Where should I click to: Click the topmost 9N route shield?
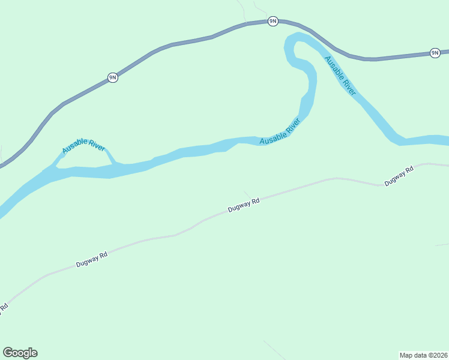click(x=273, y=22)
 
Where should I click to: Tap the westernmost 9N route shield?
click(x=112, y=77)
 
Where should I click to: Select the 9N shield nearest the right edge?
click(x=435, y=53)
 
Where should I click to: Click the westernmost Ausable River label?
click(x=83, y=146)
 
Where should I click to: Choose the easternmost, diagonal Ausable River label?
click(x=340, y=75)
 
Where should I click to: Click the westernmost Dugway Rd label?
click(x=92, y=259)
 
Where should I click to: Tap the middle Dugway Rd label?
click(x=244, y=206)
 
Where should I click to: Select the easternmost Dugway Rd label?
click(x=399, y=175)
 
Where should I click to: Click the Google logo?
click(x=20, y=353)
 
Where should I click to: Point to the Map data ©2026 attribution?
click(x=424, y=354)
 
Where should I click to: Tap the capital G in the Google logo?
click(x=8, y=353)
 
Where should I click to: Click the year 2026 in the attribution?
click(x=439, y=354)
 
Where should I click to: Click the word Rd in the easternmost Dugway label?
click(x=409, y=171)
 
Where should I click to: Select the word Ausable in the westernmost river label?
click(x=74, y=148)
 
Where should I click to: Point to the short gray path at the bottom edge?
click(x=274, y=350)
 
